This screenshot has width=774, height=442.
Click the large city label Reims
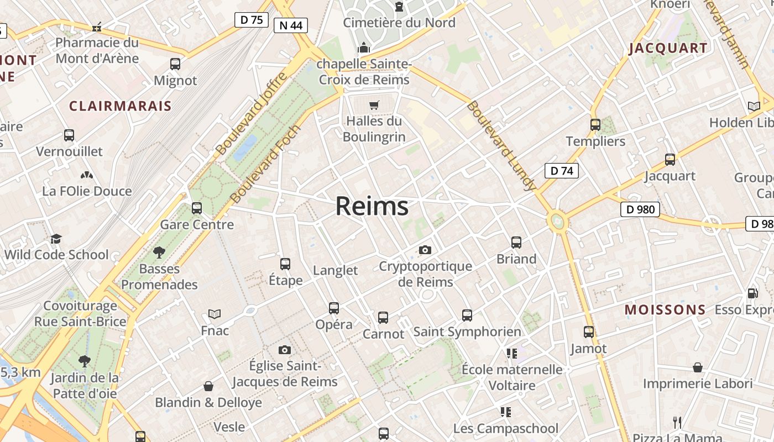[x=372, y=206]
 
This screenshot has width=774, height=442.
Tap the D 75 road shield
[x=252, y=20]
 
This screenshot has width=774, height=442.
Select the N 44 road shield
[x=290, y=25]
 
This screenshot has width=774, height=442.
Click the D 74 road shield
[x=562, y=171]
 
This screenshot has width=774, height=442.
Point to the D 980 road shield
[x=640, y=209]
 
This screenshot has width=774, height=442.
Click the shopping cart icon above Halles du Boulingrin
[x=374, y=105]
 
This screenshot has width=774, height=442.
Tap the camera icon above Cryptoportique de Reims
[x=425, y=250]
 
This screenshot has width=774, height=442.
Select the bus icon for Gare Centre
[x=197, y=208]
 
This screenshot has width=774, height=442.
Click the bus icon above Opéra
[x=334, y=308]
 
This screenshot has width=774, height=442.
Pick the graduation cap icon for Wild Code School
[x=56, y=239]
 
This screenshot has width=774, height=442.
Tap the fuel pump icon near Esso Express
[x=752, y=293]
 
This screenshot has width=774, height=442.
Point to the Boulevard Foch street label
[x=265, y=164]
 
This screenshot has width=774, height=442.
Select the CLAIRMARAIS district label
[x=120, y=106]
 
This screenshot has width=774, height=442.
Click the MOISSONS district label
[x=665, y=310]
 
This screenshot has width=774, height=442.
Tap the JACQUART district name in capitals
[x=668, y=48]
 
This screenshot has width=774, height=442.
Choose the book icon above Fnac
[x=215, y=314]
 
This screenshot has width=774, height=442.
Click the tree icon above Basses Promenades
[x=159, y=252]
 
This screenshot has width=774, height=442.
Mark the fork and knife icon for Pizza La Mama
[x=677, y=423]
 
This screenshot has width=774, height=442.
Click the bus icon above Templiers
[x=595, y=125]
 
